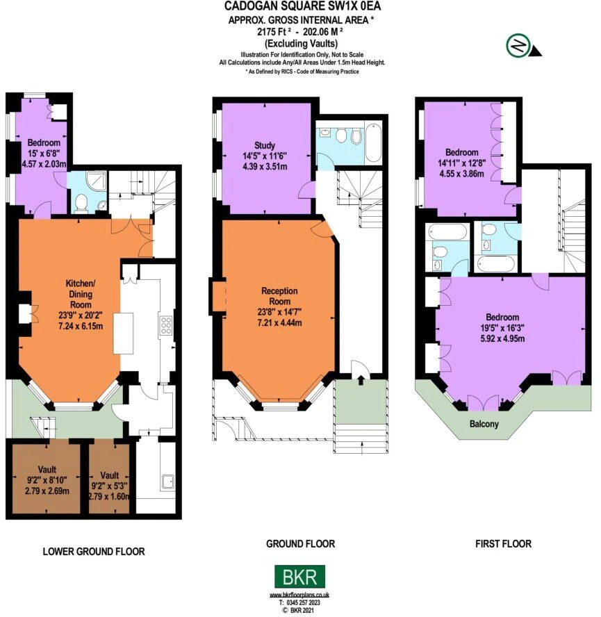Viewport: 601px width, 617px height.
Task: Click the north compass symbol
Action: [523, 46]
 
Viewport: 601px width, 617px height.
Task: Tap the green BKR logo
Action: [300, 577]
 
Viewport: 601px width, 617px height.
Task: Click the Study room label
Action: [265, 145]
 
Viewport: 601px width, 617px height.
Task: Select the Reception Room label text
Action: [279, 296]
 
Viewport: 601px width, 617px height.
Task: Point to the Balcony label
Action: [484, 424]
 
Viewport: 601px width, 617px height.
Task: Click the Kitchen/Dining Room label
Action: [81, 293]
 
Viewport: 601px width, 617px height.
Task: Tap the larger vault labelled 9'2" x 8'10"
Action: [47, 479]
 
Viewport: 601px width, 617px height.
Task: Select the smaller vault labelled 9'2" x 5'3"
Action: [109, 479]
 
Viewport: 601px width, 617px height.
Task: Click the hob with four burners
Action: [166, 325]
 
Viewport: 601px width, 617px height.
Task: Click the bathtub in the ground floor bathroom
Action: [373, 142]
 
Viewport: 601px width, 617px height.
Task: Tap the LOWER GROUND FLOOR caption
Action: [94, 551]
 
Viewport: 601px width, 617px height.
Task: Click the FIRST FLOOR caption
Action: [504, 543]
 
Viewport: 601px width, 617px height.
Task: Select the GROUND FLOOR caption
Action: [301, 543]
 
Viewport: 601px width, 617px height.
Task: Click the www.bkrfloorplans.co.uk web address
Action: [299, 595]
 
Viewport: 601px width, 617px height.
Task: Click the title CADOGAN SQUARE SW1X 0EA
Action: [302, 6]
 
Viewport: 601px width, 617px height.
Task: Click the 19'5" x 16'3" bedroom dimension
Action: [502, 327]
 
